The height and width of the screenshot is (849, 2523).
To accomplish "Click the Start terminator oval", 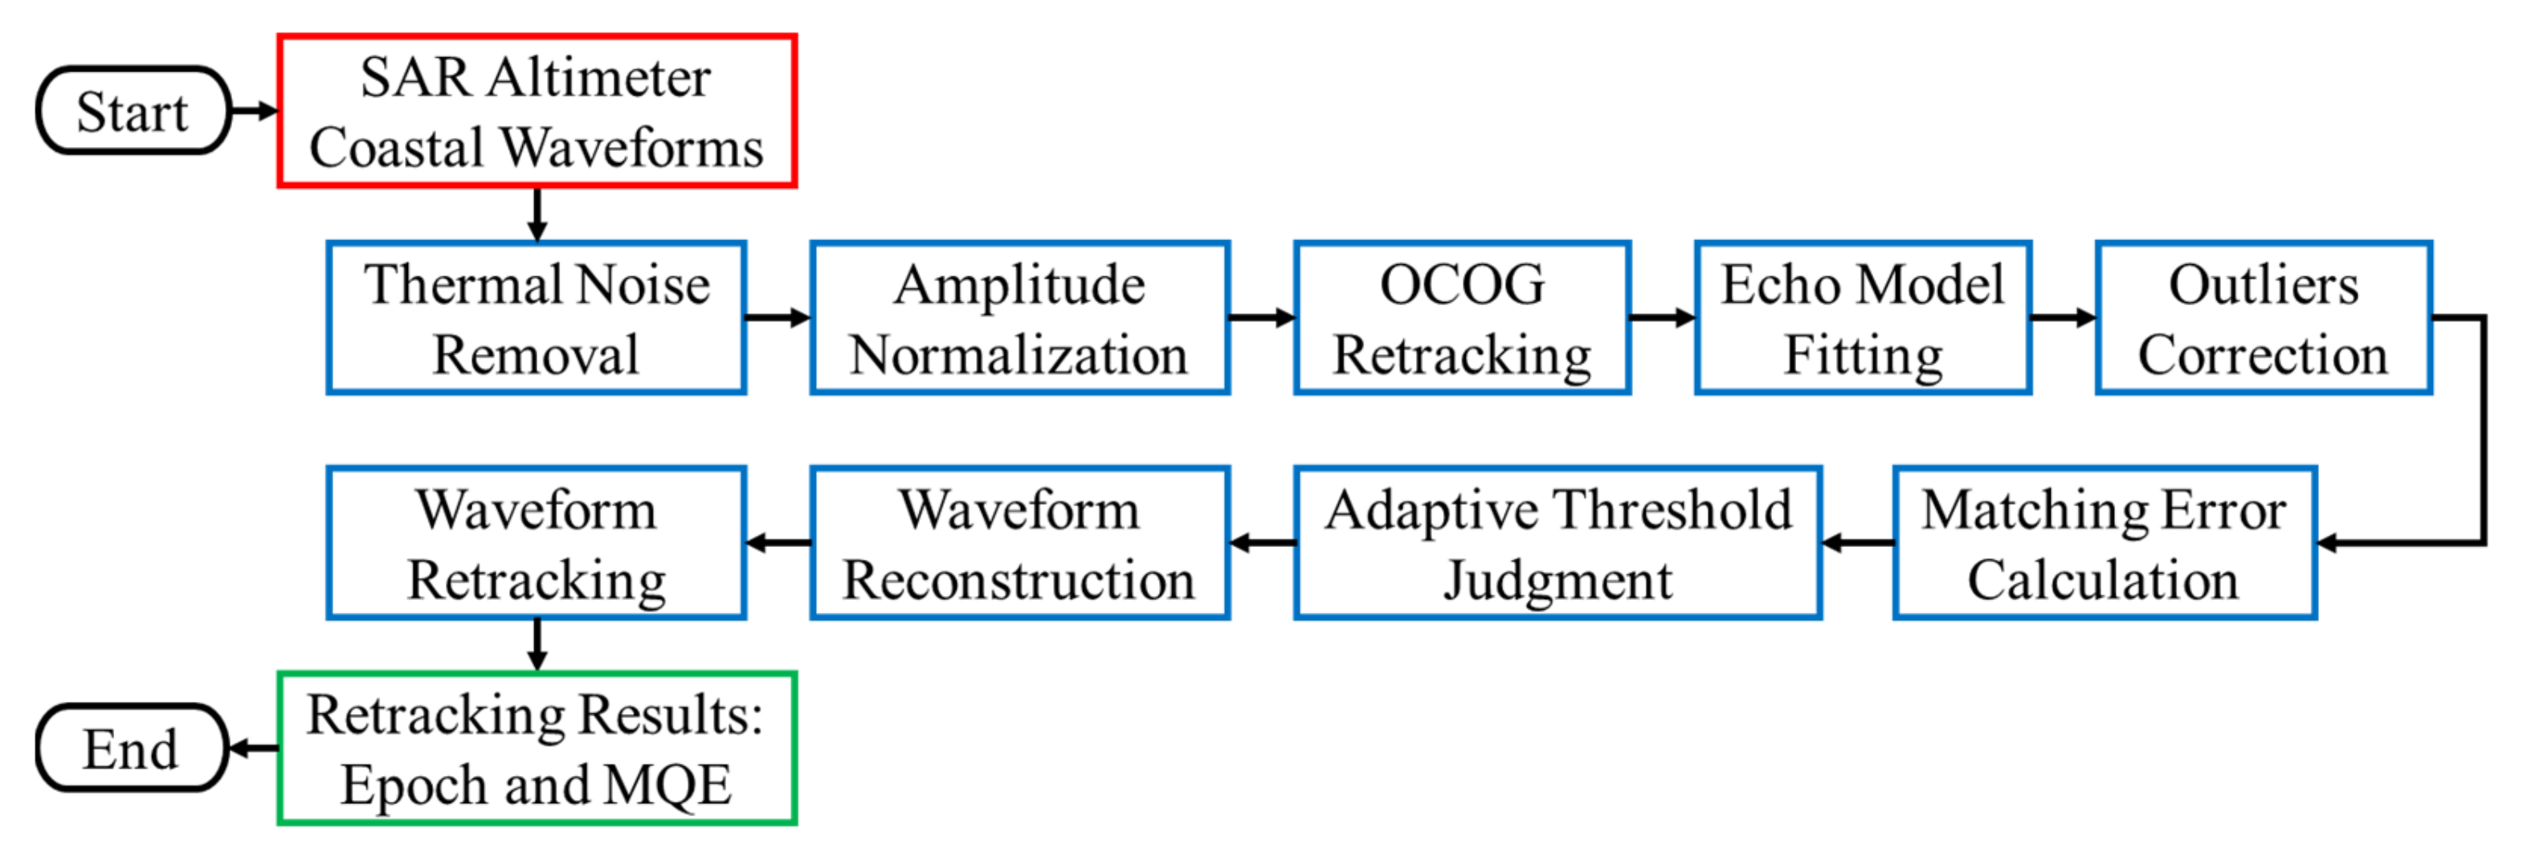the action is point(133,111).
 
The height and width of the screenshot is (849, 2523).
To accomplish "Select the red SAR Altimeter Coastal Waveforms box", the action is point(537,111).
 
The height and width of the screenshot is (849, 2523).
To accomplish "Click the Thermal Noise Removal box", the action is point(537,318).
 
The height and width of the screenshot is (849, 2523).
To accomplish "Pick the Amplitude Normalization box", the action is point(1019,318).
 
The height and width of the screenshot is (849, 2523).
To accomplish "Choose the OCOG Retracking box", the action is point(1462,318).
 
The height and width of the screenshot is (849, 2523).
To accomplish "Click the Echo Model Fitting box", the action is point(1863,318).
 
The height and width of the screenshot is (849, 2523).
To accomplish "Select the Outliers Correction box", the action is point(2264,318).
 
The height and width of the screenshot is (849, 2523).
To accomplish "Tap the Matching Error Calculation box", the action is point(2104,544).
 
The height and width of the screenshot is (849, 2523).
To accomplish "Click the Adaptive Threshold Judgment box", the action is point(1557,544).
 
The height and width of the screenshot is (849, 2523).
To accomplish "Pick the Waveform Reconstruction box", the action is point(1019,544).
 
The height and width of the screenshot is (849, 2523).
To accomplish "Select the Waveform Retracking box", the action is point(537,544).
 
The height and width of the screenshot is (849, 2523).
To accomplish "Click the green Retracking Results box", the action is point(537,749).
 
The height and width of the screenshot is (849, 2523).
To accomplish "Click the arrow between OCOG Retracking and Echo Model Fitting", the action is point(1662,317).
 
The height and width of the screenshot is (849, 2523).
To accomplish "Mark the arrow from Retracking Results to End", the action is point(254,749).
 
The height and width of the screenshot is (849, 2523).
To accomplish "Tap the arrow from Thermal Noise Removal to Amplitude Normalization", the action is point(778,317).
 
